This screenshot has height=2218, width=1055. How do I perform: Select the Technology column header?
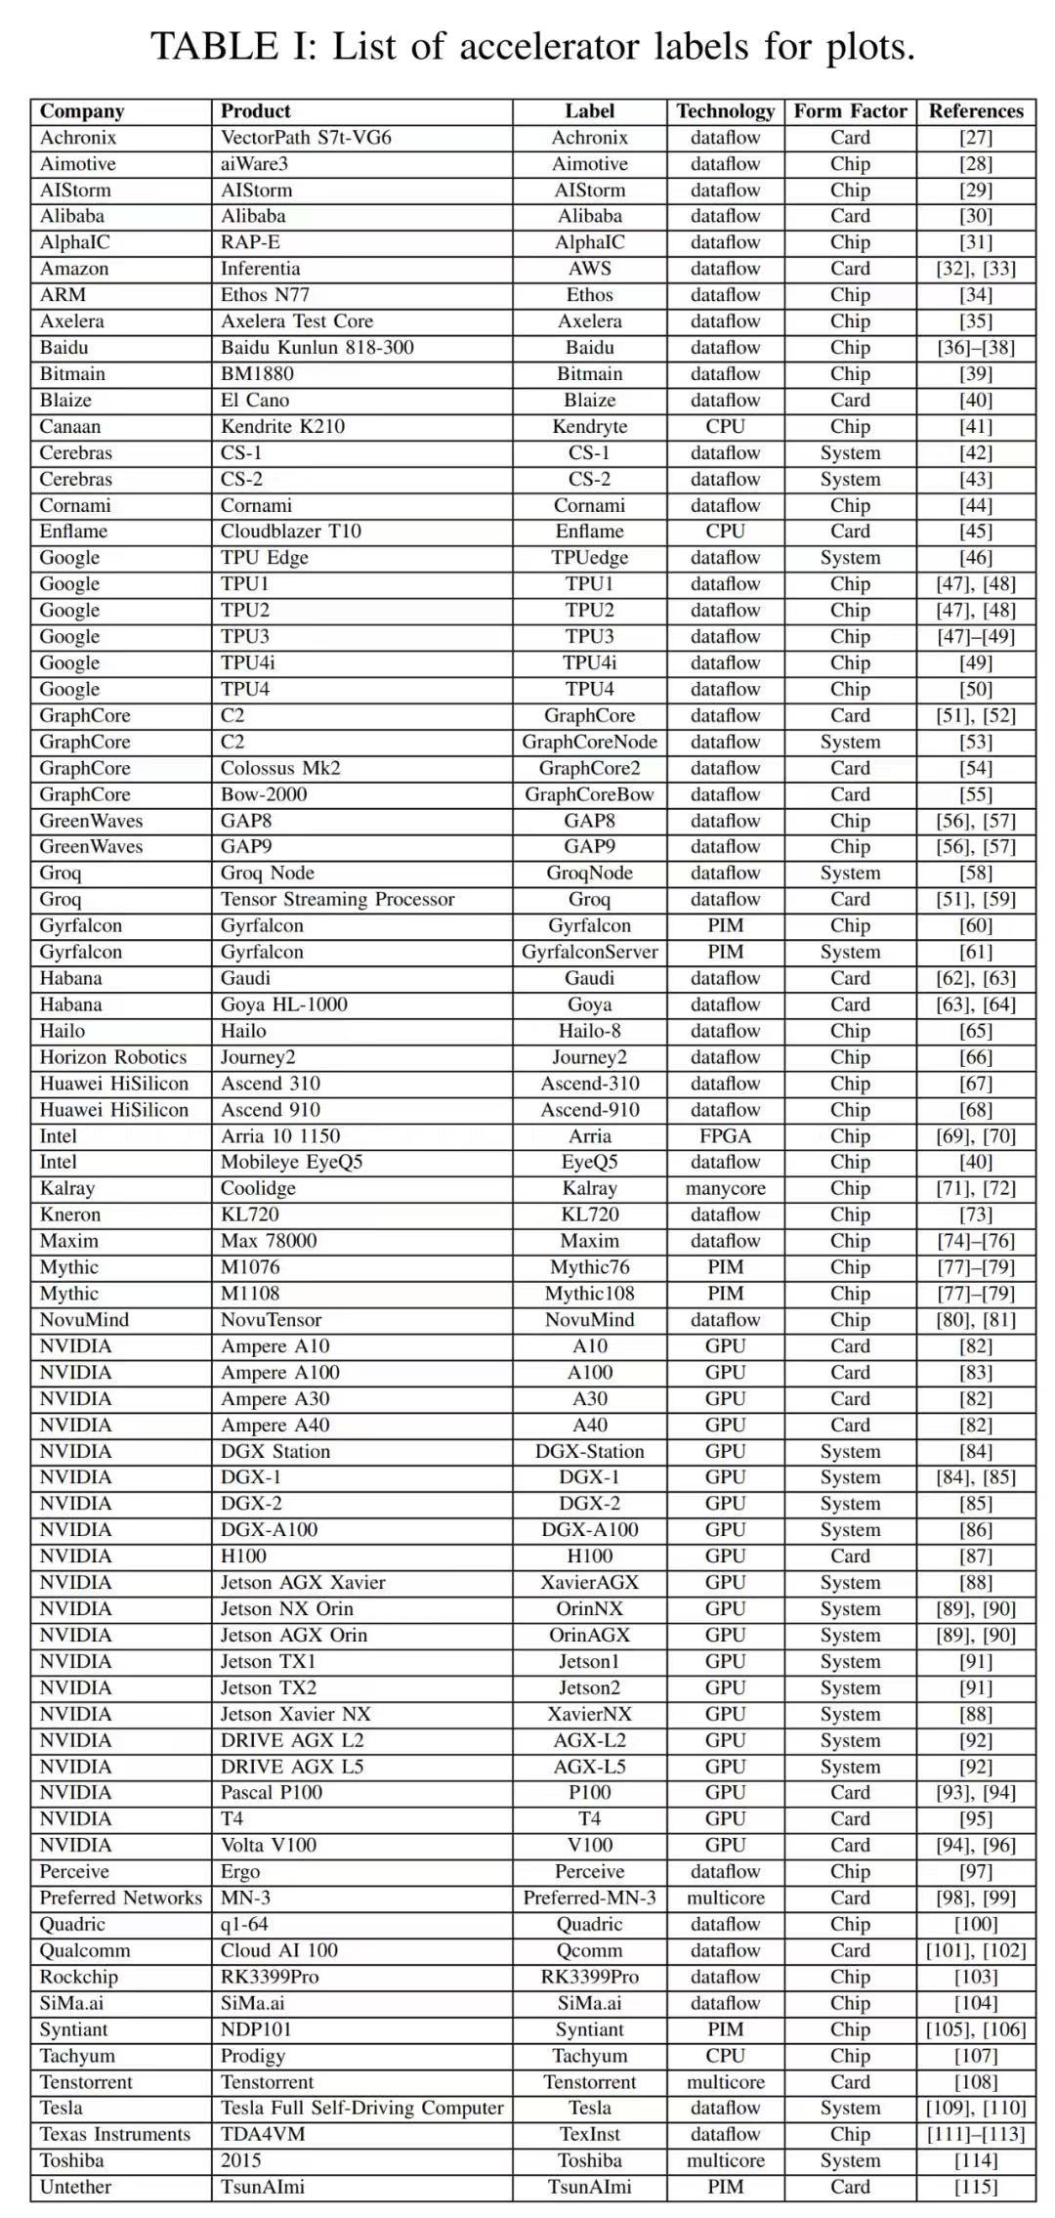click(x=725, y=111)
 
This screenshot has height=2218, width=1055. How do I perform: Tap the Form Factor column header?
click(x=850, y=111)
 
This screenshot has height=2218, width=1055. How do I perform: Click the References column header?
click(x=975, y=111)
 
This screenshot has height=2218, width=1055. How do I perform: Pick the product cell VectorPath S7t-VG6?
click(x=306, y=138)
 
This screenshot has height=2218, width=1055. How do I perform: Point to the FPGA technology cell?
click(x=725, y=1136)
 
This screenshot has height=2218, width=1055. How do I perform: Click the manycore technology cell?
click(x=725, y=1188)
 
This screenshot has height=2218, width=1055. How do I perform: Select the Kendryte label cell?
click(x=589, y=427)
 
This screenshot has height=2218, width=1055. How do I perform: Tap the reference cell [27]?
click(x=975, y=138)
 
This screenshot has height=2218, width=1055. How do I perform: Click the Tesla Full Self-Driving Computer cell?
click(x=361, y=2108)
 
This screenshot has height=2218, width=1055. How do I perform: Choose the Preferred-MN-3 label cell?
click(x=589, y=1898)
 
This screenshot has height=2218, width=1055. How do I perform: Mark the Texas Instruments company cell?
click(x=114, y=2134)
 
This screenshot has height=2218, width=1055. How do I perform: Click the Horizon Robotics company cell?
click(x=112, y=1057)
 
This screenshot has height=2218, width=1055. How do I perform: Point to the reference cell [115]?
click(x=975, y=2187)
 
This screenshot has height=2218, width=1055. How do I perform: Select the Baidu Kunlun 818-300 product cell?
click(x=316, y=348)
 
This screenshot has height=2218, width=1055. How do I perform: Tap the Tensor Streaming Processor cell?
click(x=337, y=899)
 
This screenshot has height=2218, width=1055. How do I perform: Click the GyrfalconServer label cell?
click(x=589, y=952)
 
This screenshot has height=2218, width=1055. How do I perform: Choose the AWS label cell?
click(x=589, y=269)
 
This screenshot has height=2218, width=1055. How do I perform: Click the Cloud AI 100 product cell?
click(x=278, y=1950)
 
